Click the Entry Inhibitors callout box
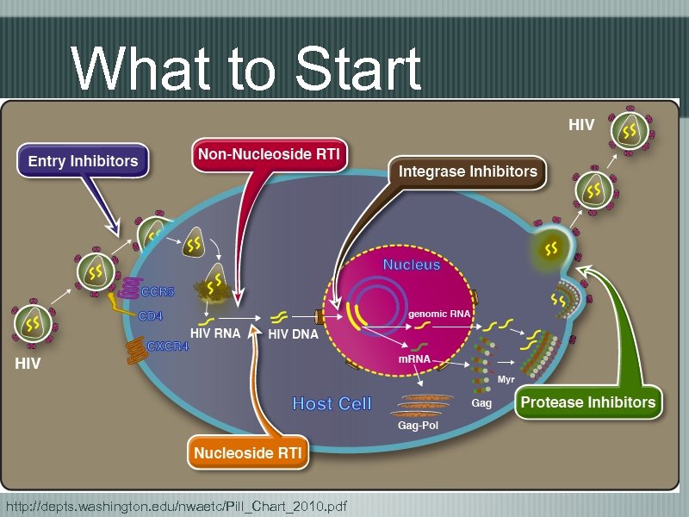(x=83, y=161)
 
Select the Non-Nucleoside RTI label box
(x=270, y=155)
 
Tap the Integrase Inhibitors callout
(x=467, y=171)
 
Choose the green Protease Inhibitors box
(x=588, y=402)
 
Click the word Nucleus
(x=412, y=265)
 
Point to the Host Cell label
(x=332, y=403)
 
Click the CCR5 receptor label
(x=158, y=292)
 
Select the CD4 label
(x=151, y=316)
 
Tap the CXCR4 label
(x=168, y=346)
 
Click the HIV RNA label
(x=215, y=333)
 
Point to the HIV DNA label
(x=294, y=334)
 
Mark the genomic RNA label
(x=439, y=315)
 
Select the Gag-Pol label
(x=418, y=426)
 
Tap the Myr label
(x=506, y=380)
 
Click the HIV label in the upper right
(x=581, y=126)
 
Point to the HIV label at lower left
(x=28, y=364)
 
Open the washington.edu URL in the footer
(x=176, y=505)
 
